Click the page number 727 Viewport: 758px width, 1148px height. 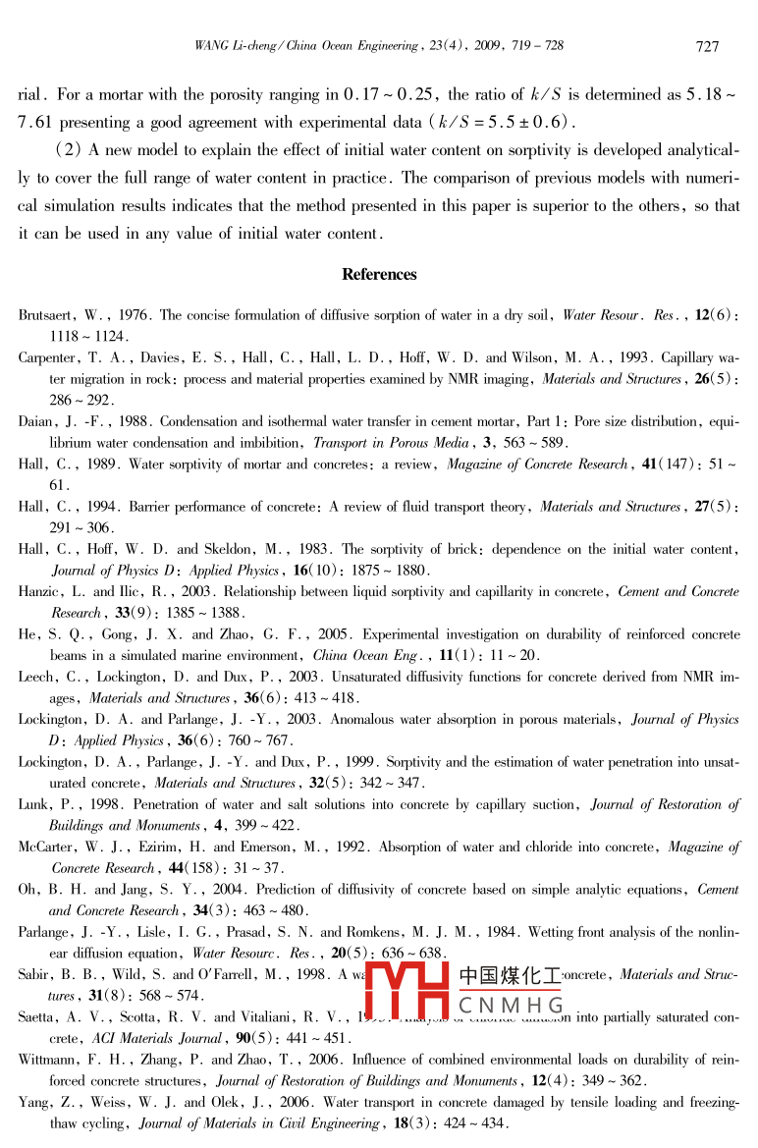707,46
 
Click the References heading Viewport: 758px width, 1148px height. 379,275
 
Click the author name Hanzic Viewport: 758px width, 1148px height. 39,592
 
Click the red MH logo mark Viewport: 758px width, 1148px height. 412,991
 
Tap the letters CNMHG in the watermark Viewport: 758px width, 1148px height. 511,1006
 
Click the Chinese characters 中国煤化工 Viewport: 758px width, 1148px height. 511,976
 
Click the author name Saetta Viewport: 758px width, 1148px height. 39,1017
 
